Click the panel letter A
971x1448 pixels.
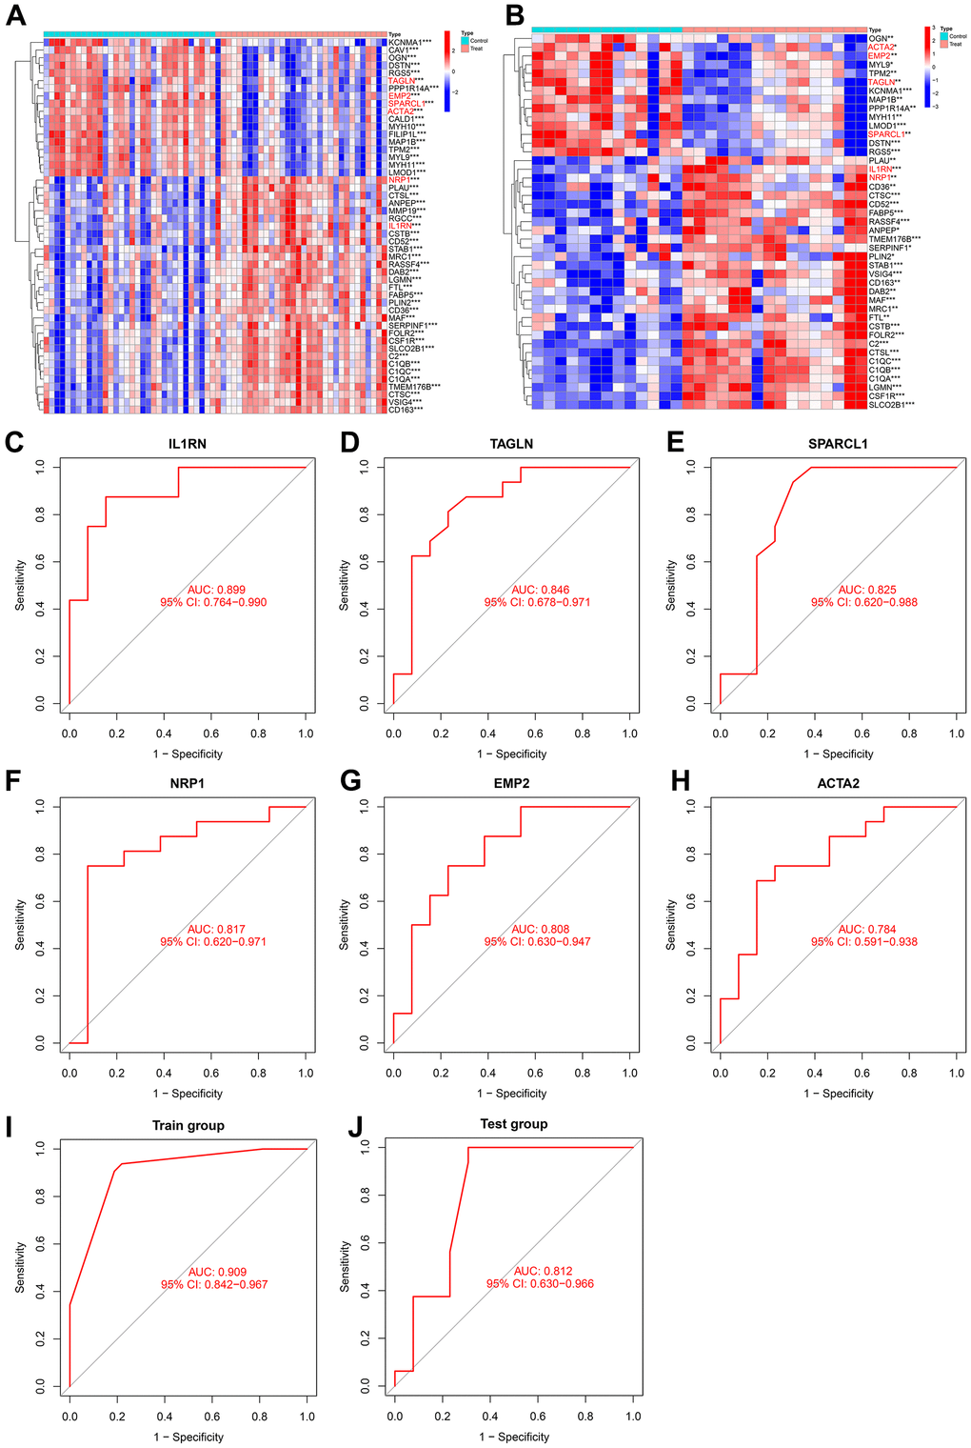click(x=16, y=16)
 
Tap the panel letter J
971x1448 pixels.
click(x=356, y=1126)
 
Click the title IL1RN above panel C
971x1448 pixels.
click(x=188, y=444)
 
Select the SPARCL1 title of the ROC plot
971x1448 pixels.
click(x=838, y=444)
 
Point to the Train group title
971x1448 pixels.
click(x=188, y=1125)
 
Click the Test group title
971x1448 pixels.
click(x=514, y=1124)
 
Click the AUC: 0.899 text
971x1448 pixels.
click(x=213, y=590)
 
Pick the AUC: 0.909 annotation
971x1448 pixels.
click(x=214, y=1272)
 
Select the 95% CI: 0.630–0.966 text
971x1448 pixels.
click(x=540, y=1284)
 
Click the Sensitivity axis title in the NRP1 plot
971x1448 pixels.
click(x=20, y=925)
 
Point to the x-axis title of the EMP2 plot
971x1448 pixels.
click(x=512, y=1094)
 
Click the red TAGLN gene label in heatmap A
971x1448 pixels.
click(x=401, y=81)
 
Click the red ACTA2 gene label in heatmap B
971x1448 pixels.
click(x=881, y=47)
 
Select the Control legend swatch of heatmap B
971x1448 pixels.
click(x=944, y=36)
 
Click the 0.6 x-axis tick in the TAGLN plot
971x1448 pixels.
click(x=535, y=734)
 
